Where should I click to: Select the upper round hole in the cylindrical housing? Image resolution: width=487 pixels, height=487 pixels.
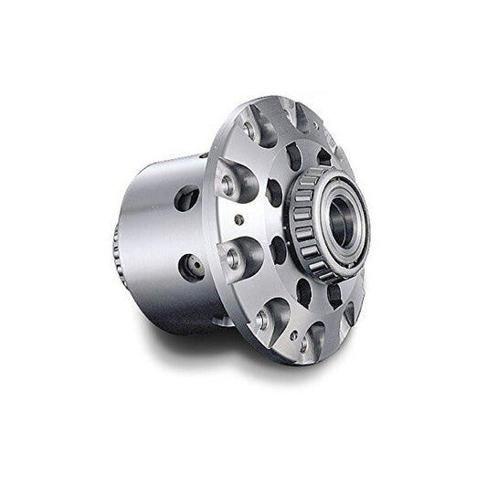coord(186,197)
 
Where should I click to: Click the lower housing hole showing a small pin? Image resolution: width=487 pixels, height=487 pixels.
coord(193,268)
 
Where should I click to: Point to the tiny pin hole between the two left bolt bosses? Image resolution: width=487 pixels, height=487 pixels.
coord(238,219)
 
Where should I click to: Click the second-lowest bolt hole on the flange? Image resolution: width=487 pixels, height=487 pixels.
coord(263,318)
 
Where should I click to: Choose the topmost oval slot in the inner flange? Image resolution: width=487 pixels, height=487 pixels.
coord(293,156)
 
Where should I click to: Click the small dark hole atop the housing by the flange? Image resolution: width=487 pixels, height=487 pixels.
coord(202,156)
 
